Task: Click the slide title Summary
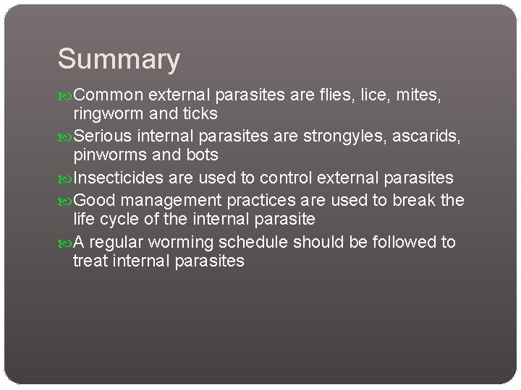pyautogui.click(x=119, y=59)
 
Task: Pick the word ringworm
pyautogui.click(x=108, y=115)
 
